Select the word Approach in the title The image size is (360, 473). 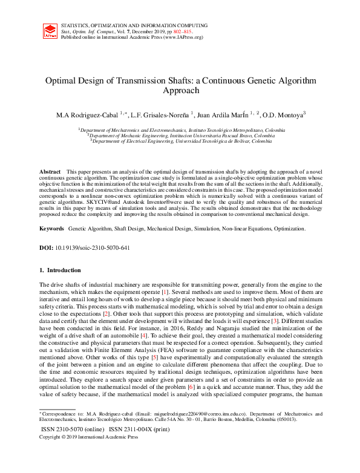(180, 91)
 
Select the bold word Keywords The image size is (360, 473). (51, 229)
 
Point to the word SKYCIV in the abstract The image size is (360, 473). (96, 201)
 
